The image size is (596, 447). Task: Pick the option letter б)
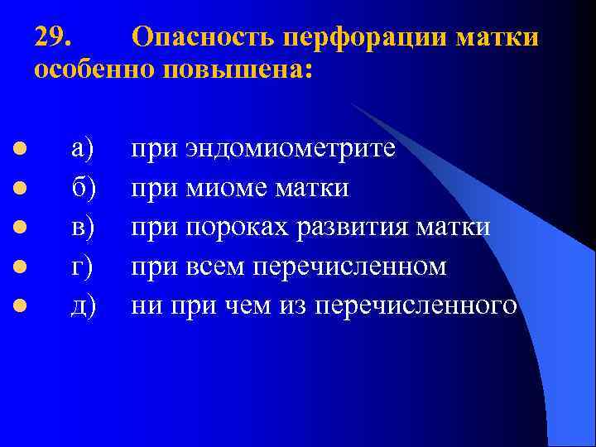point(84,188)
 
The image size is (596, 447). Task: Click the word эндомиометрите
point(290,149)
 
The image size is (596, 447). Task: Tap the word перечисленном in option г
point(350,267)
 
